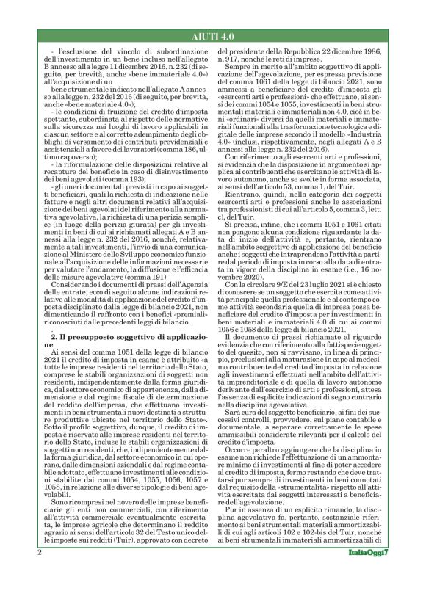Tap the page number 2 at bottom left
(37, 573)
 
